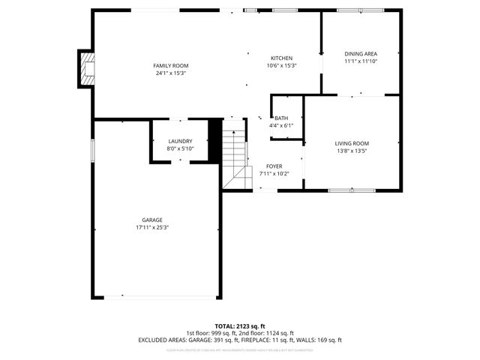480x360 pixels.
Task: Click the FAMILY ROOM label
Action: pyautogui.click(x=169, y=66)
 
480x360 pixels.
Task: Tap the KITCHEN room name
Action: pyautogui.click(x=282, y=58)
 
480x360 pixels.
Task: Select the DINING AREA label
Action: pyautogui.click(x=361, y=54)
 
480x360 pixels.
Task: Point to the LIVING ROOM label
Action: pyautogui.click(x=352, y=143)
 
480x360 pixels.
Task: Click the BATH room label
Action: pyautogui.click(x=281, y=118)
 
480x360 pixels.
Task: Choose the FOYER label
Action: pyautogui.click(x=274, y=166)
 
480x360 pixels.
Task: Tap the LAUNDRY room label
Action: pyautogui.click(x=180, y=141)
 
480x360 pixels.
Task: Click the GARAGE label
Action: pyautogui.click(x=152, y=220)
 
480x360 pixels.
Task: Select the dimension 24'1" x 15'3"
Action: pyautogui.click(x=170, y=73)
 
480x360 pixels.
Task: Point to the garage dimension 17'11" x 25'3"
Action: pyautogui.click(x=152, y=227)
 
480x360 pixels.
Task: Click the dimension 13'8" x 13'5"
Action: pyautogui.click(x=352, y=151)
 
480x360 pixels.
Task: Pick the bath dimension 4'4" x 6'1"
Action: pyautogui.click(x=281, y=126)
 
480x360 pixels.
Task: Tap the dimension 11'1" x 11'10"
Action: pyautogui.click(x=361, y=61)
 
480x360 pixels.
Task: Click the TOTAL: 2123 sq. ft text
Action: pyautogui.click(x=240, y=326)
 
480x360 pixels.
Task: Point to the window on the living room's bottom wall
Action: pyautogui.click(x=351, y=190)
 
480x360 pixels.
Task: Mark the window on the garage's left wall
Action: pyautogui.click(x=92, y=149)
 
